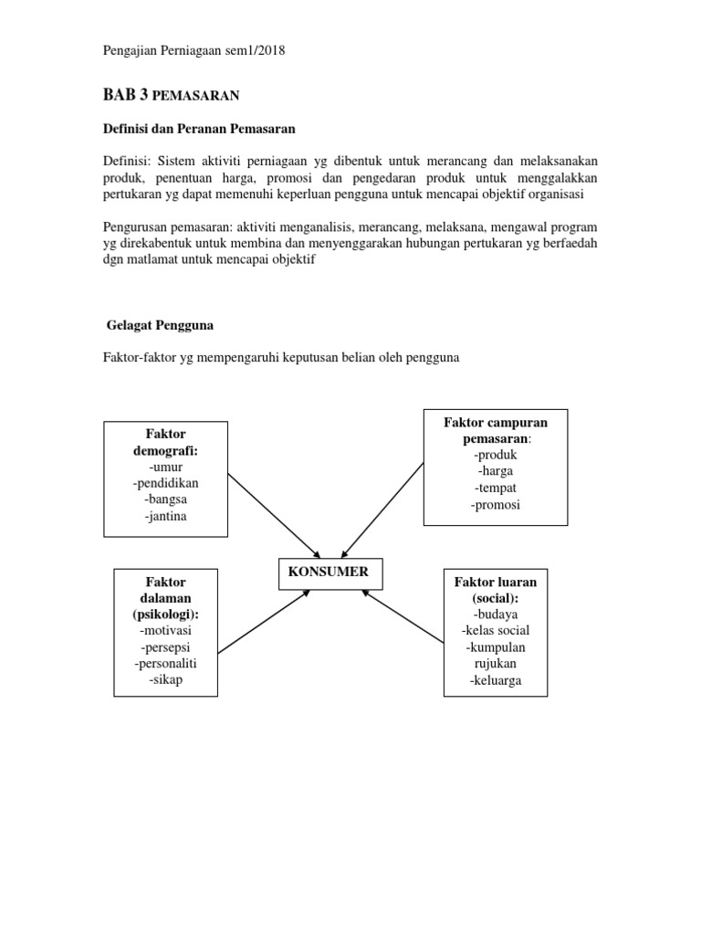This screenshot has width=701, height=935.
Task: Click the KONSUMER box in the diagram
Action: [330, 573]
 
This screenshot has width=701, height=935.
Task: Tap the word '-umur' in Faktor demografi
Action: [165, 467]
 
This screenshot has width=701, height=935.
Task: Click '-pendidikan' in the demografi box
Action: [165, 483]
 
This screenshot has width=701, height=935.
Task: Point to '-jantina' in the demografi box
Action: [165, 517]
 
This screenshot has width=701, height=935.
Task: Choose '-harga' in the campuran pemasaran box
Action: [496, 471]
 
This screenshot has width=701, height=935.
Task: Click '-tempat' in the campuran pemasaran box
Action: [496, 488]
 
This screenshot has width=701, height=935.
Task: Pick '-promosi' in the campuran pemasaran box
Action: [496, 505]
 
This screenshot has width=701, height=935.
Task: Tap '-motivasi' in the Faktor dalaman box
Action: [165, 631]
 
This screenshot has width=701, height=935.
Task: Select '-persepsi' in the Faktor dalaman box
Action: [165, 647]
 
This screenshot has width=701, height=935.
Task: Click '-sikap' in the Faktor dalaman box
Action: [165, 680]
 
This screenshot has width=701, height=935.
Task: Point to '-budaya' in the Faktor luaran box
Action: [496, 615]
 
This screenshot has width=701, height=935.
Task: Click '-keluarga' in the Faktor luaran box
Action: [496, 680]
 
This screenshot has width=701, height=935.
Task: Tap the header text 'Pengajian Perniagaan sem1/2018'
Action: [194, 51]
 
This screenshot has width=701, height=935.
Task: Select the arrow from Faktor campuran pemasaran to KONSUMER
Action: [383, 509]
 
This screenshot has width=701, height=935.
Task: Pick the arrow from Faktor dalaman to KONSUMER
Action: [265, 621]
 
